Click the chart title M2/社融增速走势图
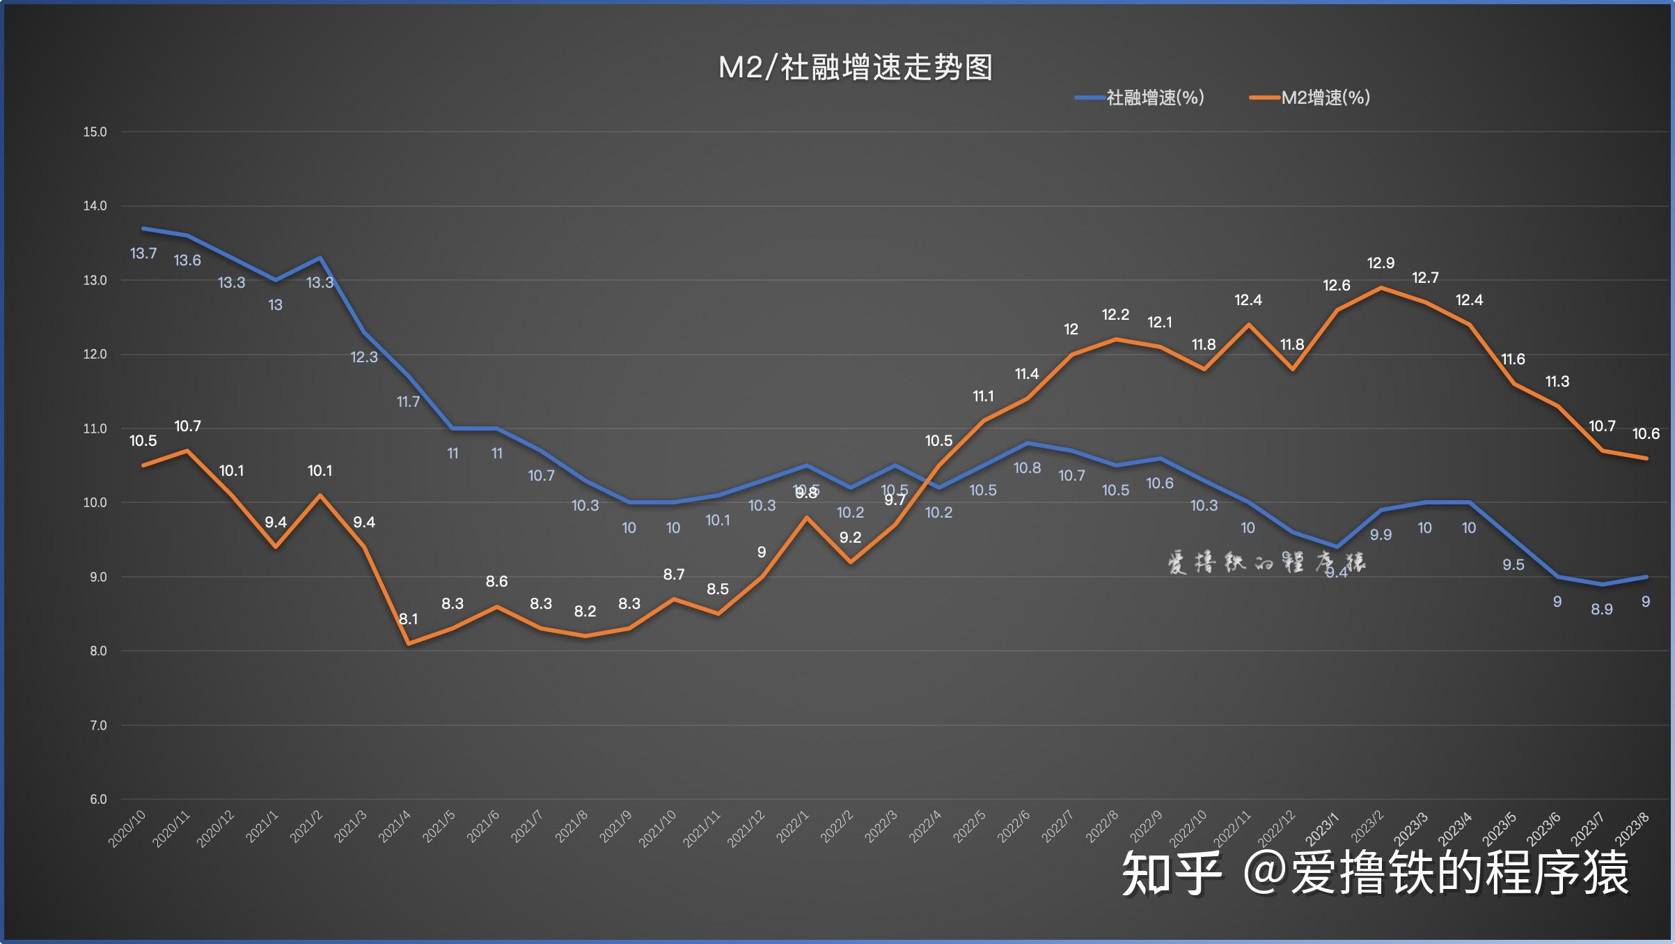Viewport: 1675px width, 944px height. pyautogui.click(x=855, y=68)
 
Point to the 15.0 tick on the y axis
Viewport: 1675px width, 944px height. pyautogui.click(x=95, y=132)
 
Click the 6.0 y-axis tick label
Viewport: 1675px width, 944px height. pyautogui.click(x=98, y=799)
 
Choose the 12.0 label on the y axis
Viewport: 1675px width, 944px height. pyautogui.click(x=95, y=354)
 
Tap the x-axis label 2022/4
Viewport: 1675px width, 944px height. pyautogui.click(x=925, y=826)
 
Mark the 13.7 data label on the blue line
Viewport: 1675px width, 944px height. pyautogui.click(x=143, y=254)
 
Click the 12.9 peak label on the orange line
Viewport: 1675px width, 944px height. pyautogui.click(x=1381, y=263)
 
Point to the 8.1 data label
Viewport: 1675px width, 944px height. pyautogui.click(x=409, y=619)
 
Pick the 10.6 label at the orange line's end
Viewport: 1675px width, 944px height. pyautogui.click(x=1646, y=434)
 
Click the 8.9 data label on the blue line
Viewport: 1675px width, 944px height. pyautogui.click(x=1601, y=610)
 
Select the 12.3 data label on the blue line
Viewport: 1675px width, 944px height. pyautogui.click(x=363, y=357)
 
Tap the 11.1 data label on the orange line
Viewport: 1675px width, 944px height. pyautogui.click(x=983, y=396)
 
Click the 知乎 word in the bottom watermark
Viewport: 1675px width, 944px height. pyautogui.click(x=1172, y=874)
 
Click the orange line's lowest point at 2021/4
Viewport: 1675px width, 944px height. pyautogui.click(x=409, y=644)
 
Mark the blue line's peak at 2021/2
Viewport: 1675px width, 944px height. pyautogui.click(x=320, y=258)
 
